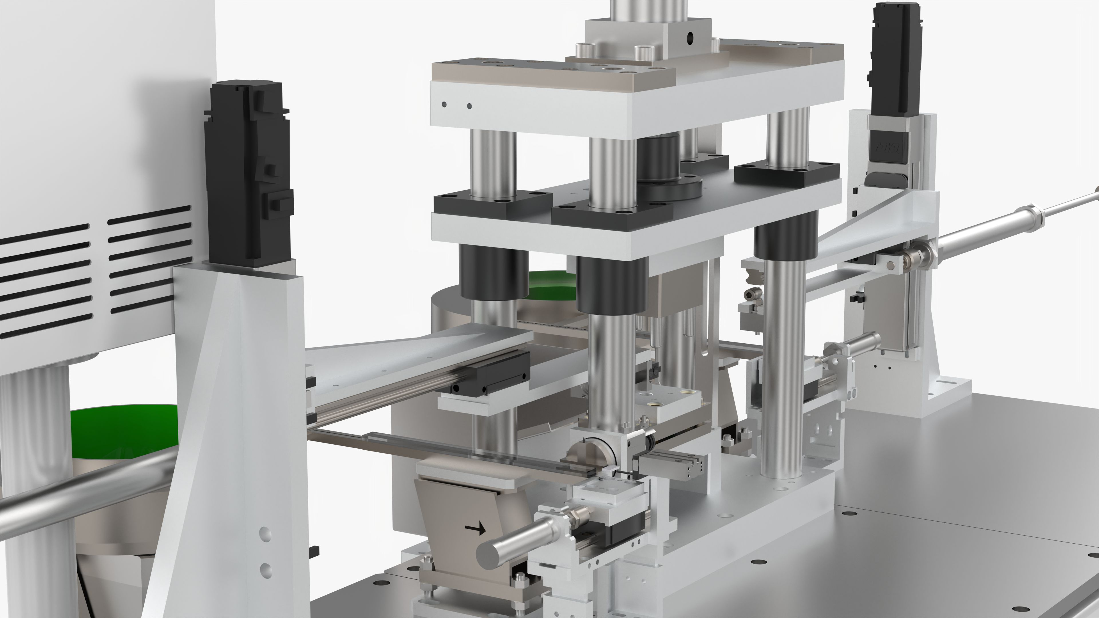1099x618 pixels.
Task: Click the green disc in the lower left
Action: tap(124, 431)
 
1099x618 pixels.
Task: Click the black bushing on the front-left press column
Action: tap(494, 273)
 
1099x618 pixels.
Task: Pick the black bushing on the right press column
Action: tap(785, 237)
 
